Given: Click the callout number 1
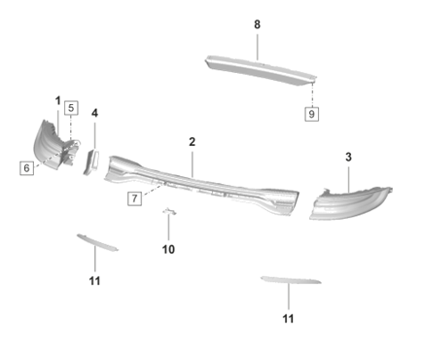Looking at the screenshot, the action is click(x=57, y=101).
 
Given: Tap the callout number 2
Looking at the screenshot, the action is click(x=193, y=142).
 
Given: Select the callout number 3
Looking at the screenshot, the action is click(x=349, y=156).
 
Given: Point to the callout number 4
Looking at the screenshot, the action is click(x=94, y=113).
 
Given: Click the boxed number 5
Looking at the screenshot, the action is click(x=70, y=107).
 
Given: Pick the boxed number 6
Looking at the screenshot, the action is click(x=26, y=167).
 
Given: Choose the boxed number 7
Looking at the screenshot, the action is click(x=134, y=198).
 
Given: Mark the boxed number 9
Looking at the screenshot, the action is click(x=312, y=114).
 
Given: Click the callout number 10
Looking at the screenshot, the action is click(x=167, y=249).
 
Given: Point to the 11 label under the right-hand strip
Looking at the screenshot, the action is click(x=288, y=318).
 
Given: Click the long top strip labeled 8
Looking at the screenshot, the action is click(x=259, y=70).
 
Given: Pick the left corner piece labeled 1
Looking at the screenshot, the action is click(x=49, y=143).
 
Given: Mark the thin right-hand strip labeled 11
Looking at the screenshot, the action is click(x=289, y=282).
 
